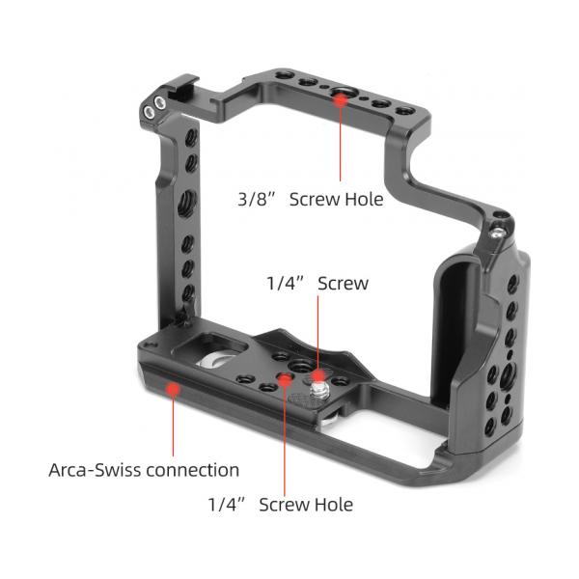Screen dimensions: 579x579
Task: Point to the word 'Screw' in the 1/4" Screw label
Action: pos(343,284)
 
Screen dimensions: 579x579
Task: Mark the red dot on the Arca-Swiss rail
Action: pos(173,390)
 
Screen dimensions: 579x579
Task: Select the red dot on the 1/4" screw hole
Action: pos(285,380)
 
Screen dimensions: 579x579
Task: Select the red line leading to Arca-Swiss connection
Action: pos(173,425)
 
